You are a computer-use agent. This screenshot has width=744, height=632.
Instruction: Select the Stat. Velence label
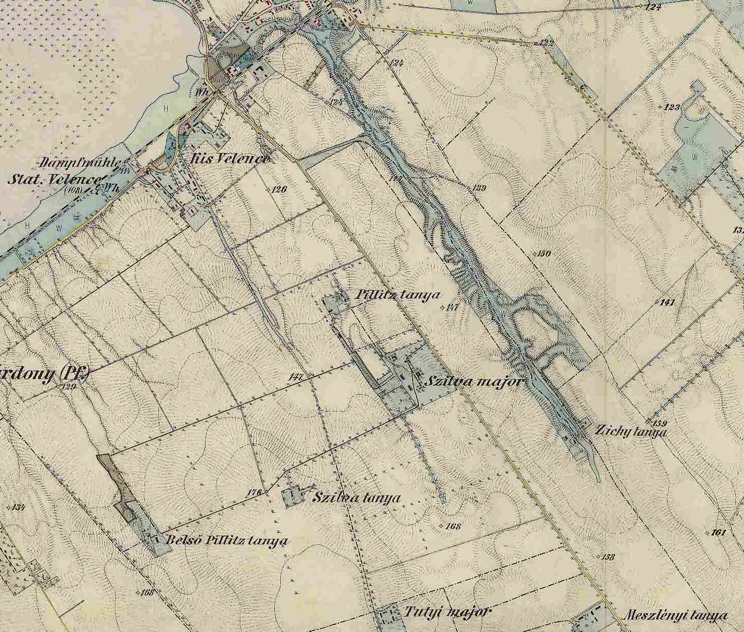tap(54, 179)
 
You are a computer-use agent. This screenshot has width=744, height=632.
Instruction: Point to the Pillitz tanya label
tap(397, 295)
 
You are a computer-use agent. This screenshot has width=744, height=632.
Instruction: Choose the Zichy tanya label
tap(630, 431)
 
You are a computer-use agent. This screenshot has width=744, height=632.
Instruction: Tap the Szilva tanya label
tap(356, 497)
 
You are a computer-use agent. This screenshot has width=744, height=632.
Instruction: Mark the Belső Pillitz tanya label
tap(227, 541)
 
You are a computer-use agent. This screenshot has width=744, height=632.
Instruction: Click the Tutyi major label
tap(447, 612)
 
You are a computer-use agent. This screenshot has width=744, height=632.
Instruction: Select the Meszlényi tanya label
tap(675, 615)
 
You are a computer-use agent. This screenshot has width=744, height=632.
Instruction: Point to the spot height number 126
tap(279, 189)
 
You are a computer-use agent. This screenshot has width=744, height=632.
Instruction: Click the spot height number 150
tap(544, 253)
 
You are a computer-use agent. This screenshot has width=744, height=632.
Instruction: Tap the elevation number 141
tap(668, 302)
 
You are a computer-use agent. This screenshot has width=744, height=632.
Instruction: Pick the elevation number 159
tap(660, 423)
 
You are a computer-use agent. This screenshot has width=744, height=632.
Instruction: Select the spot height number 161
tap(718, 532)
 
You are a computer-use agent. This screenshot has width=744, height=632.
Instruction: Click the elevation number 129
tap(68, 386)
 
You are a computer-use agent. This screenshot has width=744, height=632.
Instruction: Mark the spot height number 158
tap(607, 557)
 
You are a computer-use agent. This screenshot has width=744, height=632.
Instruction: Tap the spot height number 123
tap(672, 107)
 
